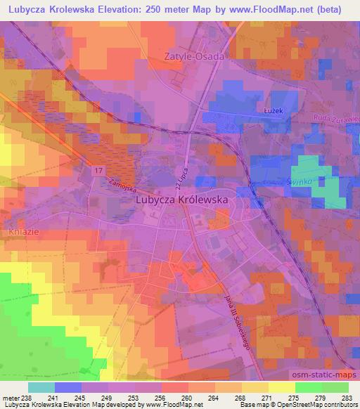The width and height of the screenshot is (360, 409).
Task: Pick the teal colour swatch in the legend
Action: (x=41, y=387)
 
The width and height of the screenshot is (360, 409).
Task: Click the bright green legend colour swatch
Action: (x=308, y=387)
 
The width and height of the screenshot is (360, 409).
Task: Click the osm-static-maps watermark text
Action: (x=326, y=376)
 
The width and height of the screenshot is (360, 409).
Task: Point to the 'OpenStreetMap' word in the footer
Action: (x=285, y=405)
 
